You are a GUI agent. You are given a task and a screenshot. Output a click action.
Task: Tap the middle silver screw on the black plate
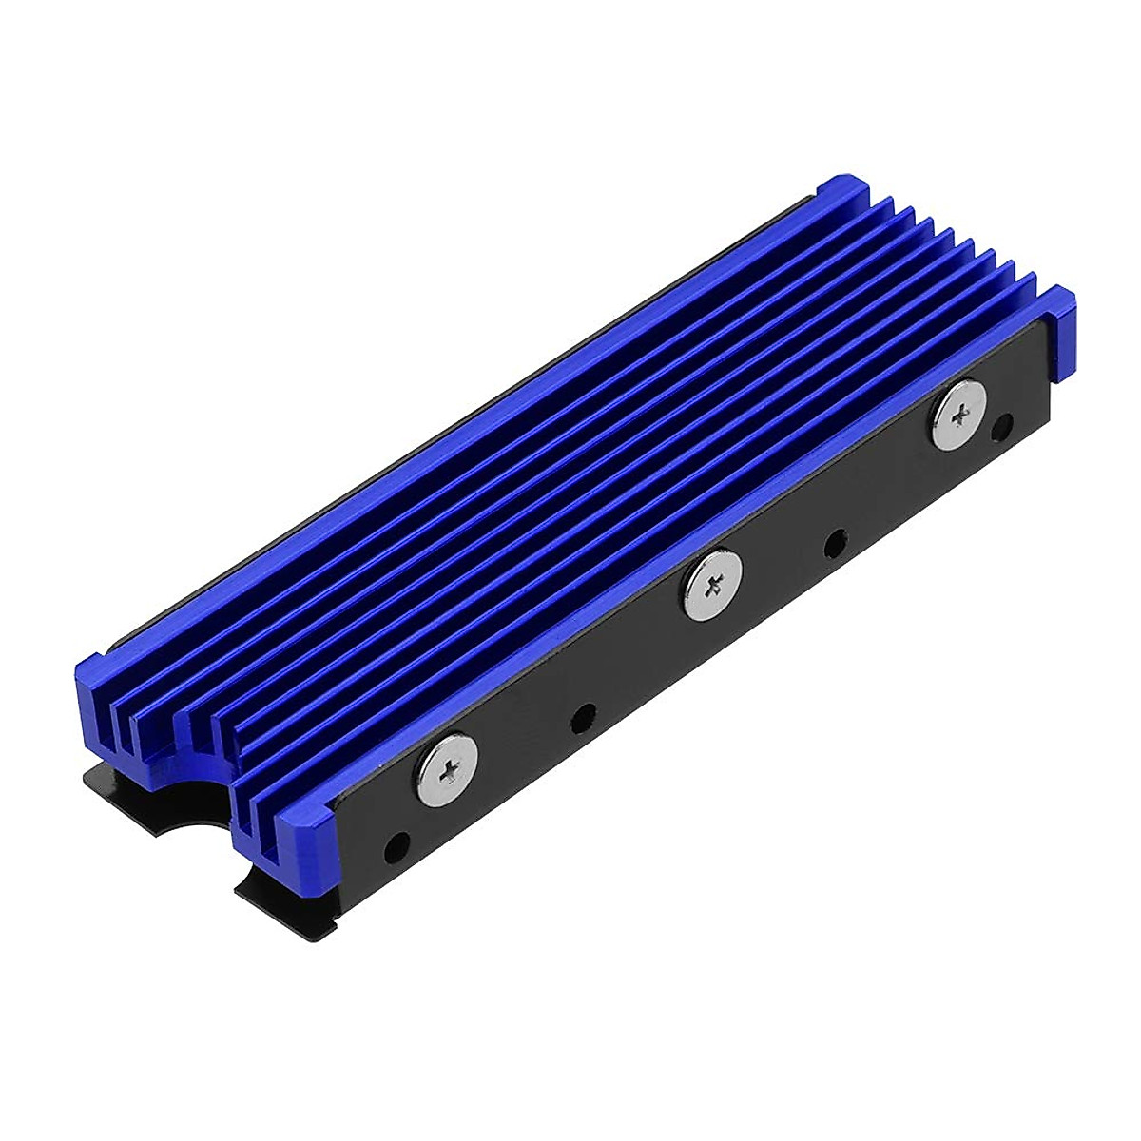(x=710, y=590)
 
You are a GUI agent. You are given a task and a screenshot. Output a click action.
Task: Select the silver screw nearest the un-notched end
(x=957, y=413)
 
